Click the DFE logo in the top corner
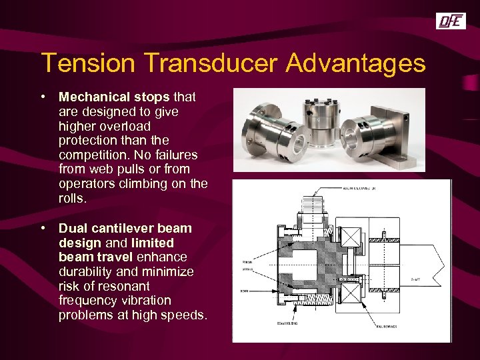point(451,22)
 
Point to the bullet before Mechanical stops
point(43,97)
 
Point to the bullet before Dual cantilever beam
point(43,228)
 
